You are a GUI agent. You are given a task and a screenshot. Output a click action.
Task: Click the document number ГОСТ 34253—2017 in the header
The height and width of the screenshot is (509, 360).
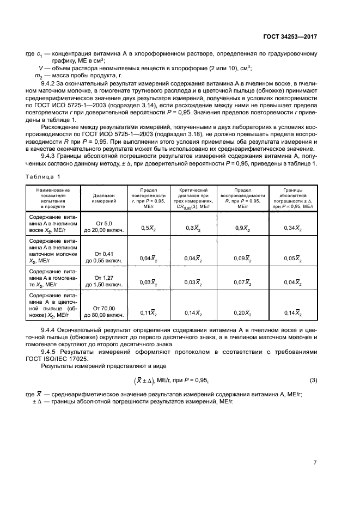click(x=290, y=36)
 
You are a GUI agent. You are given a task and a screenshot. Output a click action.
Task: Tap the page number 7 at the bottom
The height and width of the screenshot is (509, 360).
click(x=315, y=463)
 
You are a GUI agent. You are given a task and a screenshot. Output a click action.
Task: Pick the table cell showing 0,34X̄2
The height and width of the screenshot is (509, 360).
click(x=292, y=228)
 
